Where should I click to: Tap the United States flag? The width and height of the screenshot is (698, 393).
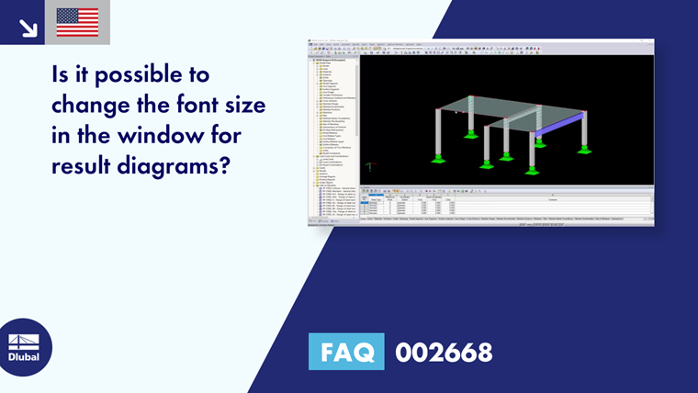pos(77,22)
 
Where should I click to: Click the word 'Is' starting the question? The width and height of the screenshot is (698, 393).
pos(62,74)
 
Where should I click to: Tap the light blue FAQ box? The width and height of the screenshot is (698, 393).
pos(348,352)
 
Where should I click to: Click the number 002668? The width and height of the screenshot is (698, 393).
pos(444,352)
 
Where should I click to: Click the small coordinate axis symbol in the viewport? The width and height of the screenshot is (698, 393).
pos(369,167)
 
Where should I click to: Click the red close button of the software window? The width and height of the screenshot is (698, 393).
pos(650,41)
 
